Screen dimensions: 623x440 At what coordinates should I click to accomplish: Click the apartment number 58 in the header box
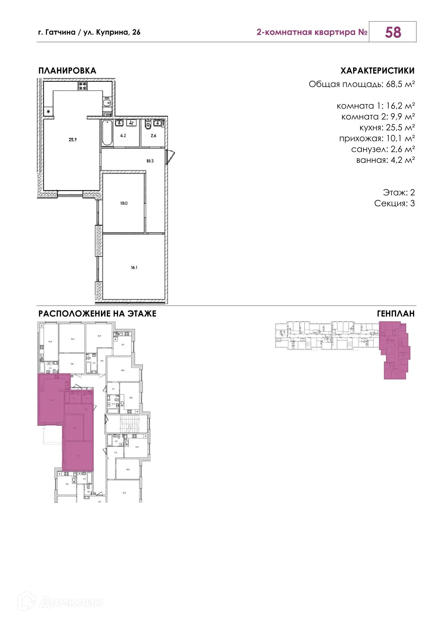coord(393,32)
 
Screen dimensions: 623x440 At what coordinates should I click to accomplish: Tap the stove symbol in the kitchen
coord(82,86)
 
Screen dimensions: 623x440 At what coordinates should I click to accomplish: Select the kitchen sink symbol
coord(107,103)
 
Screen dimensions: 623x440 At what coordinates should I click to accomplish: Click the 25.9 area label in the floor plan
coord(72,140)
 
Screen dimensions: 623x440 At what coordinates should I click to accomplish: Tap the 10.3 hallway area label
coord(150,161)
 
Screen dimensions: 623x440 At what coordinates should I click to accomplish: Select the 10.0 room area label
coord(123,203)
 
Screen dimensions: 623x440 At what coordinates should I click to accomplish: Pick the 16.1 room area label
coord(134,267)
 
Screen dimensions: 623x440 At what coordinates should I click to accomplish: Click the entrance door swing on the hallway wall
coord(170,155)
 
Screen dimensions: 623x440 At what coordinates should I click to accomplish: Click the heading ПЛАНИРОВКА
coord(67,71)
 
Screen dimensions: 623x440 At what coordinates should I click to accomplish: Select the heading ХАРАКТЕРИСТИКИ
coord(377,71)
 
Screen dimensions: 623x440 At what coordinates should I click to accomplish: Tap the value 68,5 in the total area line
coord(395,84)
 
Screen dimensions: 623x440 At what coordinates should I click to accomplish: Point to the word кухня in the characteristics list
coord(370,128)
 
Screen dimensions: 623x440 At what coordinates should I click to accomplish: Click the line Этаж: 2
coord(399,192)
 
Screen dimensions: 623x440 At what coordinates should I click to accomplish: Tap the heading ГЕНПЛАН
coord(396,314)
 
